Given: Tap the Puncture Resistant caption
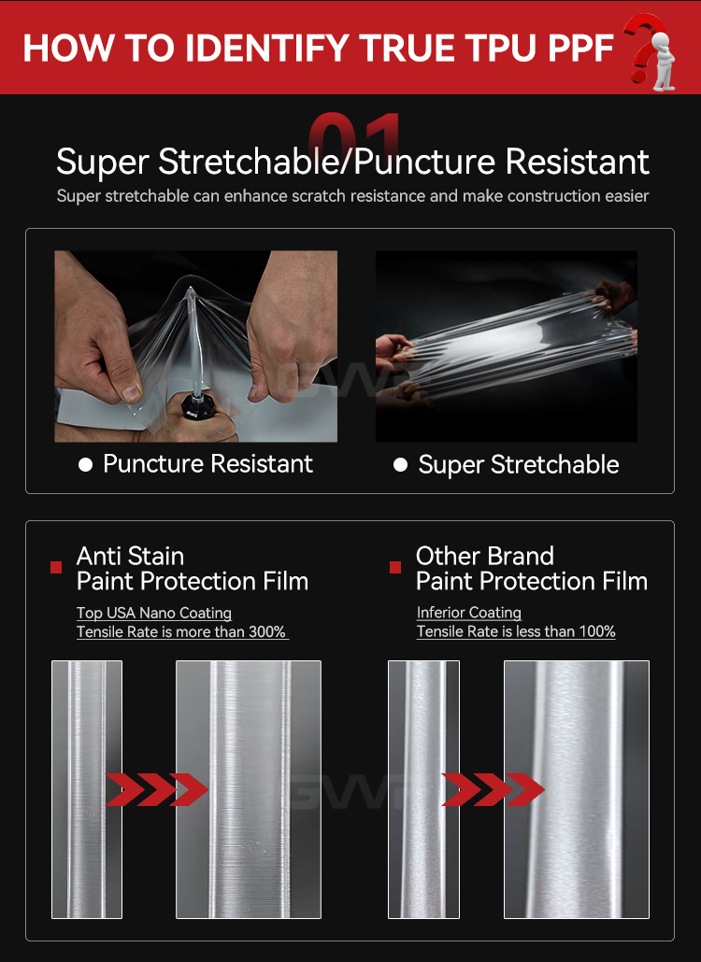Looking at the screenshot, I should (207, 464).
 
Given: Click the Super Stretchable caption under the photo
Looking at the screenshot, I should (518, 465).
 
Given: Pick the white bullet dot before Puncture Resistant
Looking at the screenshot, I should (85, 465).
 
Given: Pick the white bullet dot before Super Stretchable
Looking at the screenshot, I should (400, 465).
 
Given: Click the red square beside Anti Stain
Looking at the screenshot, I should (56, 568).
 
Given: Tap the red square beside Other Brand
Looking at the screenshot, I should (395, 568).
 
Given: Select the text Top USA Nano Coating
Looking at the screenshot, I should (154, 613).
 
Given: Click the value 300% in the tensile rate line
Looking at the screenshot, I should (267, 632).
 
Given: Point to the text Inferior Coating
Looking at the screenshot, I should (469, 613).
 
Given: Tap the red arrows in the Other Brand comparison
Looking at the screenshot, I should (493, 790).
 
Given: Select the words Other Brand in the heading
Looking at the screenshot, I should (485, 556).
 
